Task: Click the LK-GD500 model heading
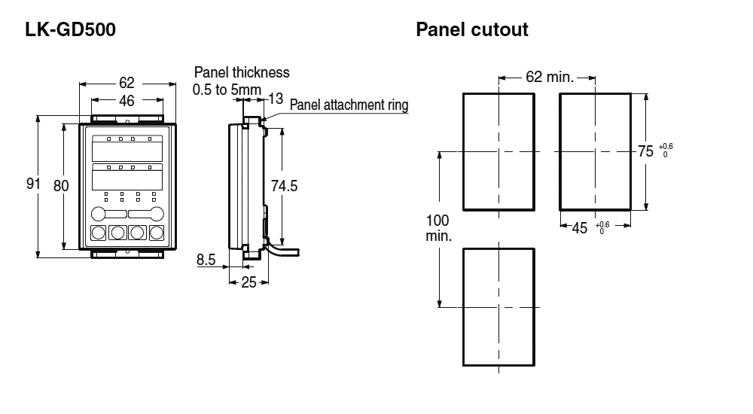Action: point(71,30)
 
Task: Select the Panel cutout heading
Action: point(472,30)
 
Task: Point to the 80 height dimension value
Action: point(61,185)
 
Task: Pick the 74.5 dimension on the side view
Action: point(285,186)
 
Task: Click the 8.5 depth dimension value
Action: point(206,260)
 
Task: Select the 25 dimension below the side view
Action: point(248,282)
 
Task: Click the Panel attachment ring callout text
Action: point(349,105)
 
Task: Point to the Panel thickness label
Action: point(241,73)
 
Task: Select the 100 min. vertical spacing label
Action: point(438,227)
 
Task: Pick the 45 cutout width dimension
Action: point(579,228)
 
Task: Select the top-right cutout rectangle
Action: point(594,151)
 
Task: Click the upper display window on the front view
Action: point(127,148)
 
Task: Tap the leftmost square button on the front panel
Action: point(99,233)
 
